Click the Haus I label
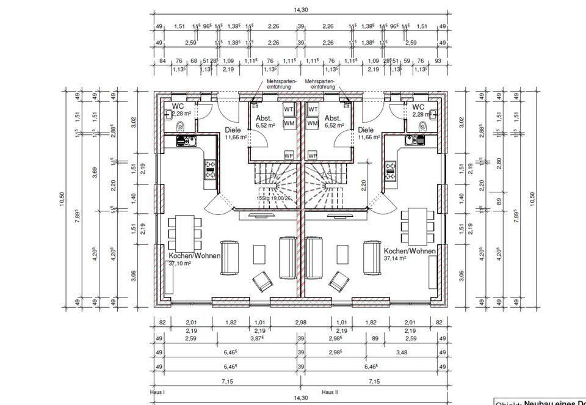(x=158, y=392)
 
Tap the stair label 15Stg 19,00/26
(x=275, y=197)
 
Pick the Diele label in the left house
(x=233, y=130)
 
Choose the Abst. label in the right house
(x=333, y=118)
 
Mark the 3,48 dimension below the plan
(x=401, y=352)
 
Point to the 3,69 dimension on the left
(x=95, y=173)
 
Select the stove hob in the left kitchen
(x=211, y=169)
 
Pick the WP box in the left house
(x=289, y=156)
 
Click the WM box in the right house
(x=313, y=123)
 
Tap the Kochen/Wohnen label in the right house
(x=410, y=251)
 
